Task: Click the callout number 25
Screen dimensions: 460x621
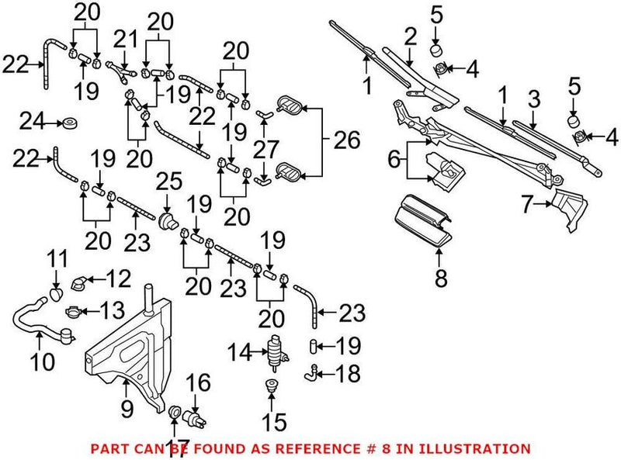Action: pos(169,183)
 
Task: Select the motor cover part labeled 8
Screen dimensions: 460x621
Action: pos(423,220)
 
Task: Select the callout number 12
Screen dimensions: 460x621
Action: pos(119,277)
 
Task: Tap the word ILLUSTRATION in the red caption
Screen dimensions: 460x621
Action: pos(482,448)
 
